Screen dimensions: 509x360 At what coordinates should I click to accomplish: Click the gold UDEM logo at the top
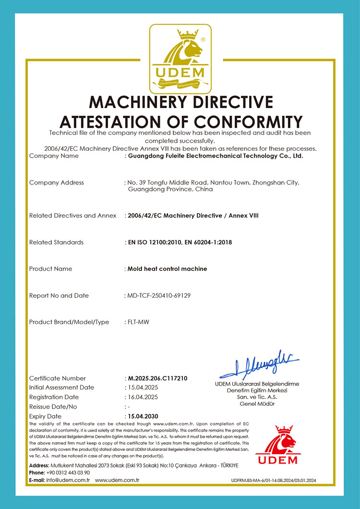[x=180, y=59]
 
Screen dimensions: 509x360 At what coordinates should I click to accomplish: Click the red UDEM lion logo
[x=276, y=444]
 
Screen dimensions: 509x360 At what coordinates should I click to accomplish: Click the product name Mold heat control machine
[x=167, y=269]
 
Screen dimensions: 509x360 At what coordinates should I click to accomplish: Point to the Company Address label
[x=57, y=182]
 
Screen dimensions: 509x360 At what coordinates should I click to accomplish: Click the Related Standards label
[x=56, y=242]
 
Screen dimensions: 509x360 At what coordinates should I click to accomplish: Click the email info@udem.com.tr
[x=69, y=480]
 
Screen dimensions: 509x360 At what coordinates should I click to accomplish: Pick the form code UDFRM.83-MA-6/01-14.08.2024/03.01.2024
[x=274, y=480]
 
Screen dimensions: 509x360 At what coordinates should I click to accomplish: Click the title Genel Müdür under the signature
[x=257, y=404]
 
